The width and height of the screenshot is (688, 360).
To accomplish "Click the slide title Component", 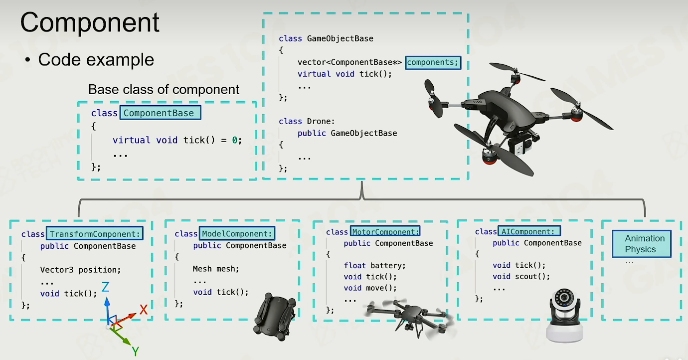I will click(90, 23).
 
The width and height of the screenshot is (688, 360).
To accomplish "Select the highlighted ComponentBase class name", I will click(159, 113).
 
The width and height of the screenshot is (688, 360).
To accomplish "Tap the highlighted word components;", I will click(433, 62).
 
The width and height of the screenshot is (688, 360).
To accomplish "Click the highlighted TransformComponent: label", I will click(95, 234).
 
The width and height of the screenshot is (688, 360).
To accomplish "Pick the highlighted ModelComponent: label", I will click(237, 233).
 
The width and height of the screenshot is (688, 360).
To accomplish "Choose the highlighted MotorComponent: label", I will click(385, 231).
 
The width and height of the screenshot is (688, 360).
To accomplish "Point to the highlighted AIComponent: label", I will click(529, 231).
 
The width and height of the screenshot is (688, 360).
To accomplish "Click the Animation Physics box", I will click(641, 244).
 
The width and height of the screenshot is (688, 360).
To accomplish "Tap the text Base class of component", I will click(164, 90).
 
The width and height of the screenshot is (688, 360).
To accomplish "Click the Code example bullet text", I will click(96, 60).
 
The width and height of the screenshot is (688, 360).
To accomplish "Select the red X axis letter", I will click(144, 310).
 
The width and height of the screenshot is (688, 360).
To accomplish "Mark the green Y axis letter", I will click(135, 352).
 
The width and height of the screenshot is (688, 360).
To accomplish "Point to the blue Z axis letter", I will click(105, 287).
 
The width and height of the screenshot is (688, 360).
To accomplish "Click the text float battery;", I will click(374, 266).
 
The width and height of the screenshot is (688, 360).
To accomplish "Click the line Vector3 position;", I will click(80, 270).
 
